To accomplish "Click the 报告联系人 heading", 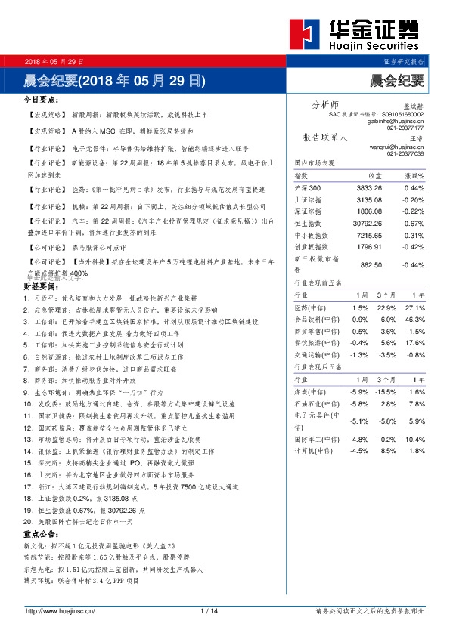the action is pos(324,138).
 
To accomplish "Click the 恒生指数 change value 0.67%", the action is pos(414,224).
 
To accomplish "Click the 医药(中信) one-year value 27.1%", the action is pos(415,309).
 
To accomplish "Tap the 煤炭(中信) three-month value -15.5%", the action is pos(386,392).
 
